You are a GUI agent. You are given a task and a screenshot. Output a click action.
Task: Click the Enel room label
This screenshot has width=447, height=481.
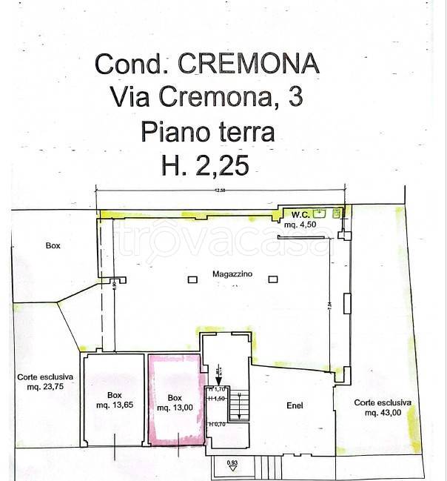point(297,405)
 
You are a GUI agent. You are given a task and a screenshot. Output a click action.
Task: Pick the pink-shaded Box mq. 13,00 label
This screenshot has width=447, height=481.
point(175,402)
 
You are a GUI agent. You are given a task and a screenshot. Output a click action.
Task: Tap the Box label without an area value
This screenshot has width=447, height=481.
point(52,247)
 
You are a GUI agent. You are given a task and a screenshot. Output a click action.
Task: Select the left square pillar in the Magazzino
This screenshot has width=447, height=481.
point(192,279)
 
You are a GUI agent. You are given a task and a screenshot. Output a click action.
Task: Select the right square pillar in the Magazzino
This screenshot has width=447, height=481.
point(272,279)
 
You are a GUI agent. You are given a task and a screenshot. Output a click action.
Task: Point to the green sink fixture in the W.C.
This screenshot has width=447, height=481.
point(319,212)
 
